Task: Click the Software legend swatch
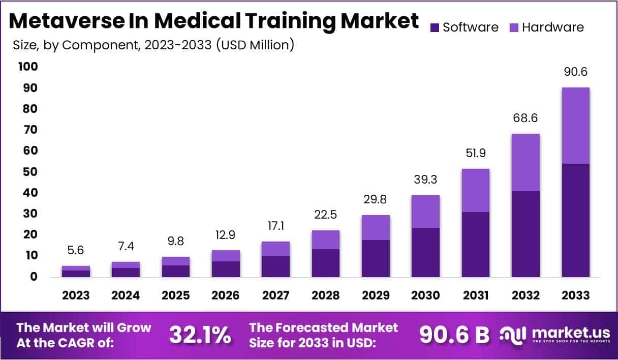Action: (435, 27)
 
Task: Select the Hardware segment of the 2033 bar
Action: (576, 126)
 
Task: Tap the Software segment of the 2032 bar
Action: (526, 234)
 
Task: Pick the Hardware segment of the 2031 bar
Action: (476, 190)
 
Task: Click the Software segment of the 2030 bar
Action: (426, 252)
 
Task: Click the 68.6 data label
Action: (526, 118)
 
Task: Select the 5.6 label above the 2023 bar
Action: (76, 251)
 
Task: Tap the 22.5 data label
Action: (326, 215)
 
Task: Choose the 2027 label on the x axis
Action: (276, 295)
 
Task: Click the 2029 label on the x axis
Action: (376, 295)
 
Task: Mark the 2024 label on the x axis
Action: (126, 295)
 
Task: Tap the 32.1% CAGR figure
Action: (200, 335)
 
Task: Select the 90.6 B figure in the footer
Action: (454, 335)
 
